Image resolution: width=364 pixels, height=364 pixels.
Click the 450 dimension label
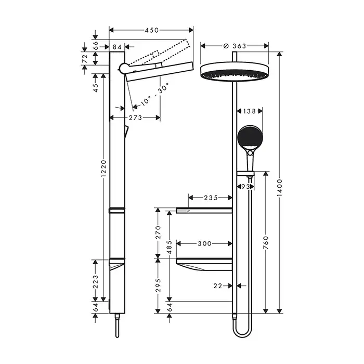(152, 30)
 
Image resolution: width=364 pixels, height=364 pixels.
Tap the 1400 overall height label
(280, 188)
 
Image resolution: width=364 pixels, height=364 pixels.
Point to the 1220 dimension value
(103, 168)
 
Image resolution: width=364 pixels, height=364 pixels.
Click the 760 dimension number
(266, 243)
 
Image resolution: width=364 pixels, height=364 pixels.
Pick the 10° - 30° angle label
(154, 94)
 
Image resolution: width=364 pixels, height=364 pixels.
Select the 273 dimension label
(135, 118)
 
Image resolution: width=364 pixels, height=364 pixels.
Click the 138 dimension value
(249, 111)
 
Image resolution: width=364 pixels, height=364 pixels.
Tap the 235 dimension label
(211, 198)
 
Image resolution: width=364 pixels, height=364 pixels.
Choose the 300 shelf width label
(204, 243)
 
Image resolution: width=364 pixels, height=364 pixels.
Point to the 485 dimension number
(170, 248)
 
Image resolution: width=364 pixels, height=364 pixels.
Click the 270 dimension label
(158, 232)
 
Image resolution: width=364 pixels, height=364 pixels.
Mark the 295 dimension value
(158, 285)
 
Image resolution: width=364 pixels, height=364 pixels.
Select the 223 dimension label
(95, 282)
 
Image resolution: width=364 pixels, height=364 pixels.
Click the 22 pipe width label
(218, 286)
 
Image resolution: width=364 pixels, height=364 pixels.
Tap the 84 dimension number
(117, 47)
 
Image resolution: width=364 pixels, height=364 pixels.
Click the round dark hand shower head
(250, 137)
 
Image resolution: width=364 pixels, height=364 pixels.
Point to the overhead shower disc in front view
(235, 72)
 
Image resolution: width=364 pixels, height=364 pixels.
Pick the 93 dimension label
(245, 187)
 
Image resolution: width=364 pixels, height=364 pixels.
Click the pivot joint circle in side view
(124, 68)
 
